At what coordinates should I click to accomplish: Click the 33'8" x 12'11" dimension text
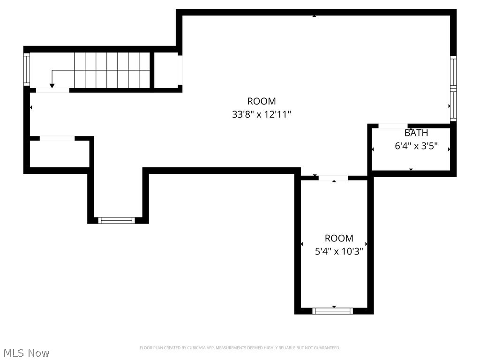pyautogui.click(x=262, y=114)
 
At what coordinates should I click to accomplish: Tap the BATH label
pyautogui.click(x=416, y=133)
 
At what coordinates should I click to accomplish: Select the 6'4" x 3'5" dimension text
pyautogui.click(x=416, y=146)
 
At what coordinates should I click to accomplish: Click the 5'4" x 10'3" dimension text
pyautogui.click(x=339, y=251)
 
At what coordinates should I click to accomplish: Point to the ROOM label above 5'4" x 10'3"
pyautogui.click(x=339, y=238)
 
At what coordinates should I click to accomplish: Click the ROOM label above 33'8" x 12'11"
pyautogui.click(x=262, y=101)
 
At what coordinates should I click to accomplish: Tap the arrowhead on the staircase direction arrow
pyautogui.click(x=52, y=85)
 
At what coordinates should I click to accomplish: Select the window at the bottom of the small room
pyautogui.click(x=333, y=311)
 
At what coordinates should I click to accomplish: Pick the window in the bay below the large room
pyautogui.click(x=117, y=220)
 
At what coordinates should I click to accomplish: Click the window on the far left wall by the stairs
pyautogui.click(x=27, y=69)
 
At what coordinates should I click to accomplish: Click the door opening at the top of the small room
pyautogui.click(x=333, y=178)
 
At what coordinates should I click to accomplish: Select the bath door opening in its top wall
pyautogui.click(x=393, y=126)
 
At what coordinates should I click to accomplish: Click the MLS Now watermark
pyautogui.click(x=26, y=352)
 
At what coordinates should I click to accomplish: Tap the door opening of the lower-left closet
pyautogui.click(x=57, y=138)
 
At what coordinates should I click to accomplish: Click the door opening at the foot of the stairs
pyautogui.click(x=52, y=90)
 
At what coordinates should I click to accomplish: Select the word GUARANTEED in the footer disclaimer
pyautogui.click(x=328, y=348)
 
